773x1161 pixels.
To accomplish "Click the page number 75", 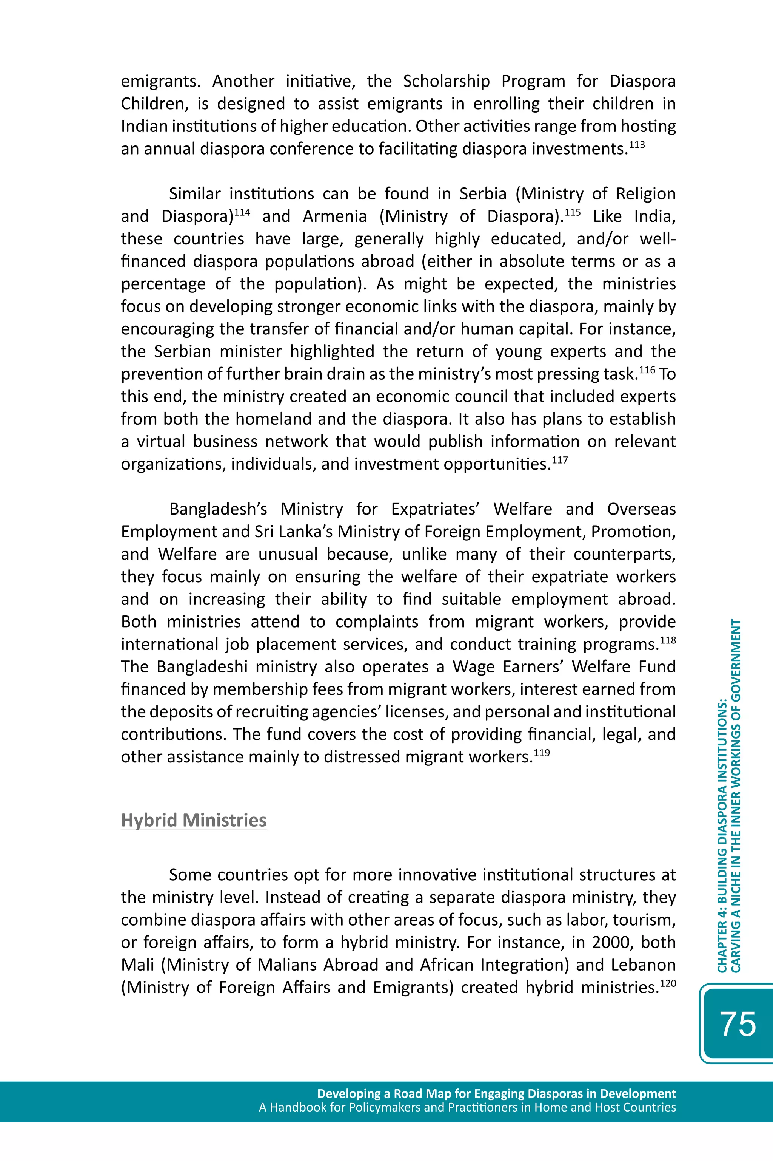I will point(738,1024).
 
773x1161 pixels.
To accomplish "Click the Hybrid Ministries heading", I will point(194,820).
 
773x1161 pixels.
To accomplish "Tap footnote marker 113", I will point(636,145).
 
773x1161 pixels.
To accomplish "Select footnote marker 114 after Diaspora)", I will point(242,213).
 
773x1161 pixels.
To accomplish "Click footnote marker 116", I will point(647,370).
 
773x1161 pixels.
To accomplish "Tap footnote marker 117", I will point(559,460).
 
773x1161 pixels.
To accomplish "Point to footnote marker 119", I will point(541,753).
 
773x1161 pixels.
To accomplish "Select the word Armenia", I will point(335,216).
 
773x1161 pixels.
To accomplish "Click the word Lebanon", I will point(643,965).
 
